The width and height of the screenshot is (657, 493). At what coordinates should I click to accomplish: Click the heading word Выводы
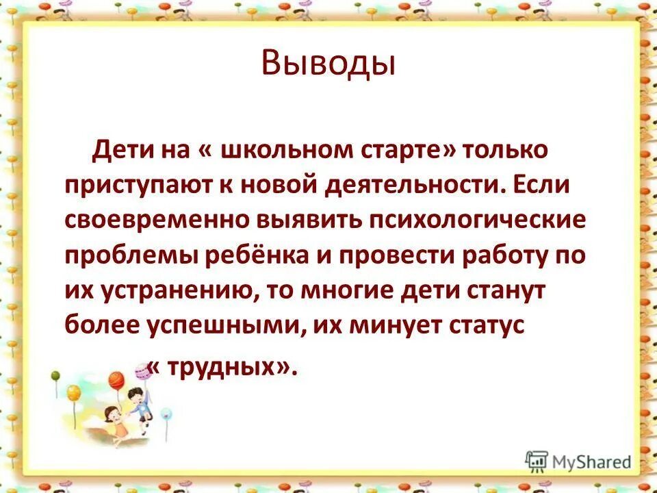[x=328, y=64]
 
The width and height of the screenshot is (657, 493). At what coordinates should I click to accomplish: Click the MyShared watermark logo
[x=578, y=460]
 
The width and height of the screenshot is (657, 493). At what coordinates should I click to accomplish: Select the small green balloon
[x=55, y=375]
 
